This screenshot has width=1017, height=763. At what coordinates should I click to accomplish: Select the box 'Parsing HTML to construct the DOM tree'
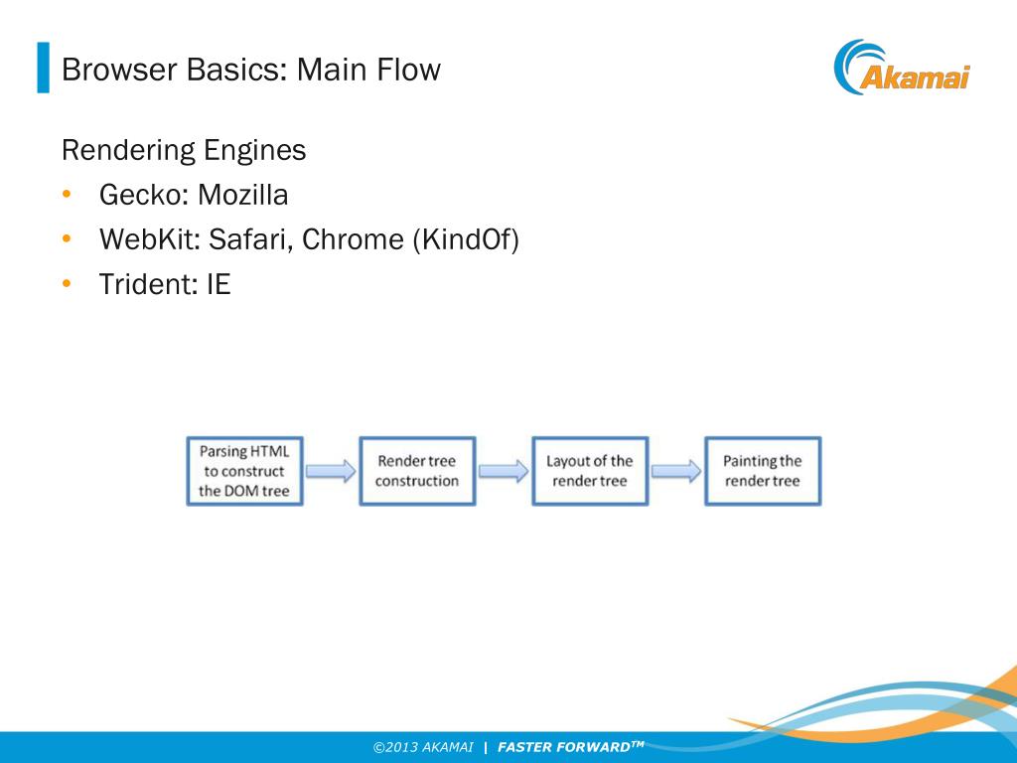(x=244, y=471)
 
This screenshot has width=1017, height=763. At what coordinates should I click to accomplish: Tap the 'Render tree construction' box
(x=417, y=471)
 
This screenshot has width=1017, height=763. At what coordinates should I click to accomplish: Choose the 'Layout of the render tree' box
(x=590, y=471)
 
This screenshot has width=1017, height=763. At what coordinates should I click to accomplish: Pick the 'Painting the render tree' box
(x=763, y=471)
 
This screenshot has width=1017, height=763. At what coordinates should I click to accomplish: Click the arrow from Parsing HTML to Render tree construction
(x=331, y=471)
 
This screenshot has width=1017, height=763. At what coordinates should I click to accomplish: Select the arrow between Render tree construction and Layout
(x=504, y=471)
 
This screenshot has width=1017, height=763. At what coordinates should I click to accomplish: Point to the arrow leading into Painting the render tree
(x=676, y=471)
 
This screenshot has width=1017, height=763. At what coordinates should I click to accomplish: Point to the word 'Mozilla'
(x=242, y=196)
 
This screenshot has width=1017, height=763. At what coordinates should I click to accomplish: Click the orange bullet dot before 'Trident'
(x=67, y=285)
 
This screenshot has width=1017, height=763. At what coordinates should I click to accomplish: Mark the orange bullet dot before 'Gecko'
(x=67, y=195)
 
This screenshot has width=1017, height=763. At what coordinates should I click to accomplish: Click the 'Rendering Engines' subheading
(x=184, y=151)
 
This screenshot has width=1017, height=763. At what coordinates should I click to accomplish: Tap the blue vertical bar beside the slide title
(x=43, y=68)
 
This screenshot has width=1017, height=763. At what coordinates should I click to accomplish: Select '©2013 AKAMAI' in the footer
(x=423, y=747)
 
